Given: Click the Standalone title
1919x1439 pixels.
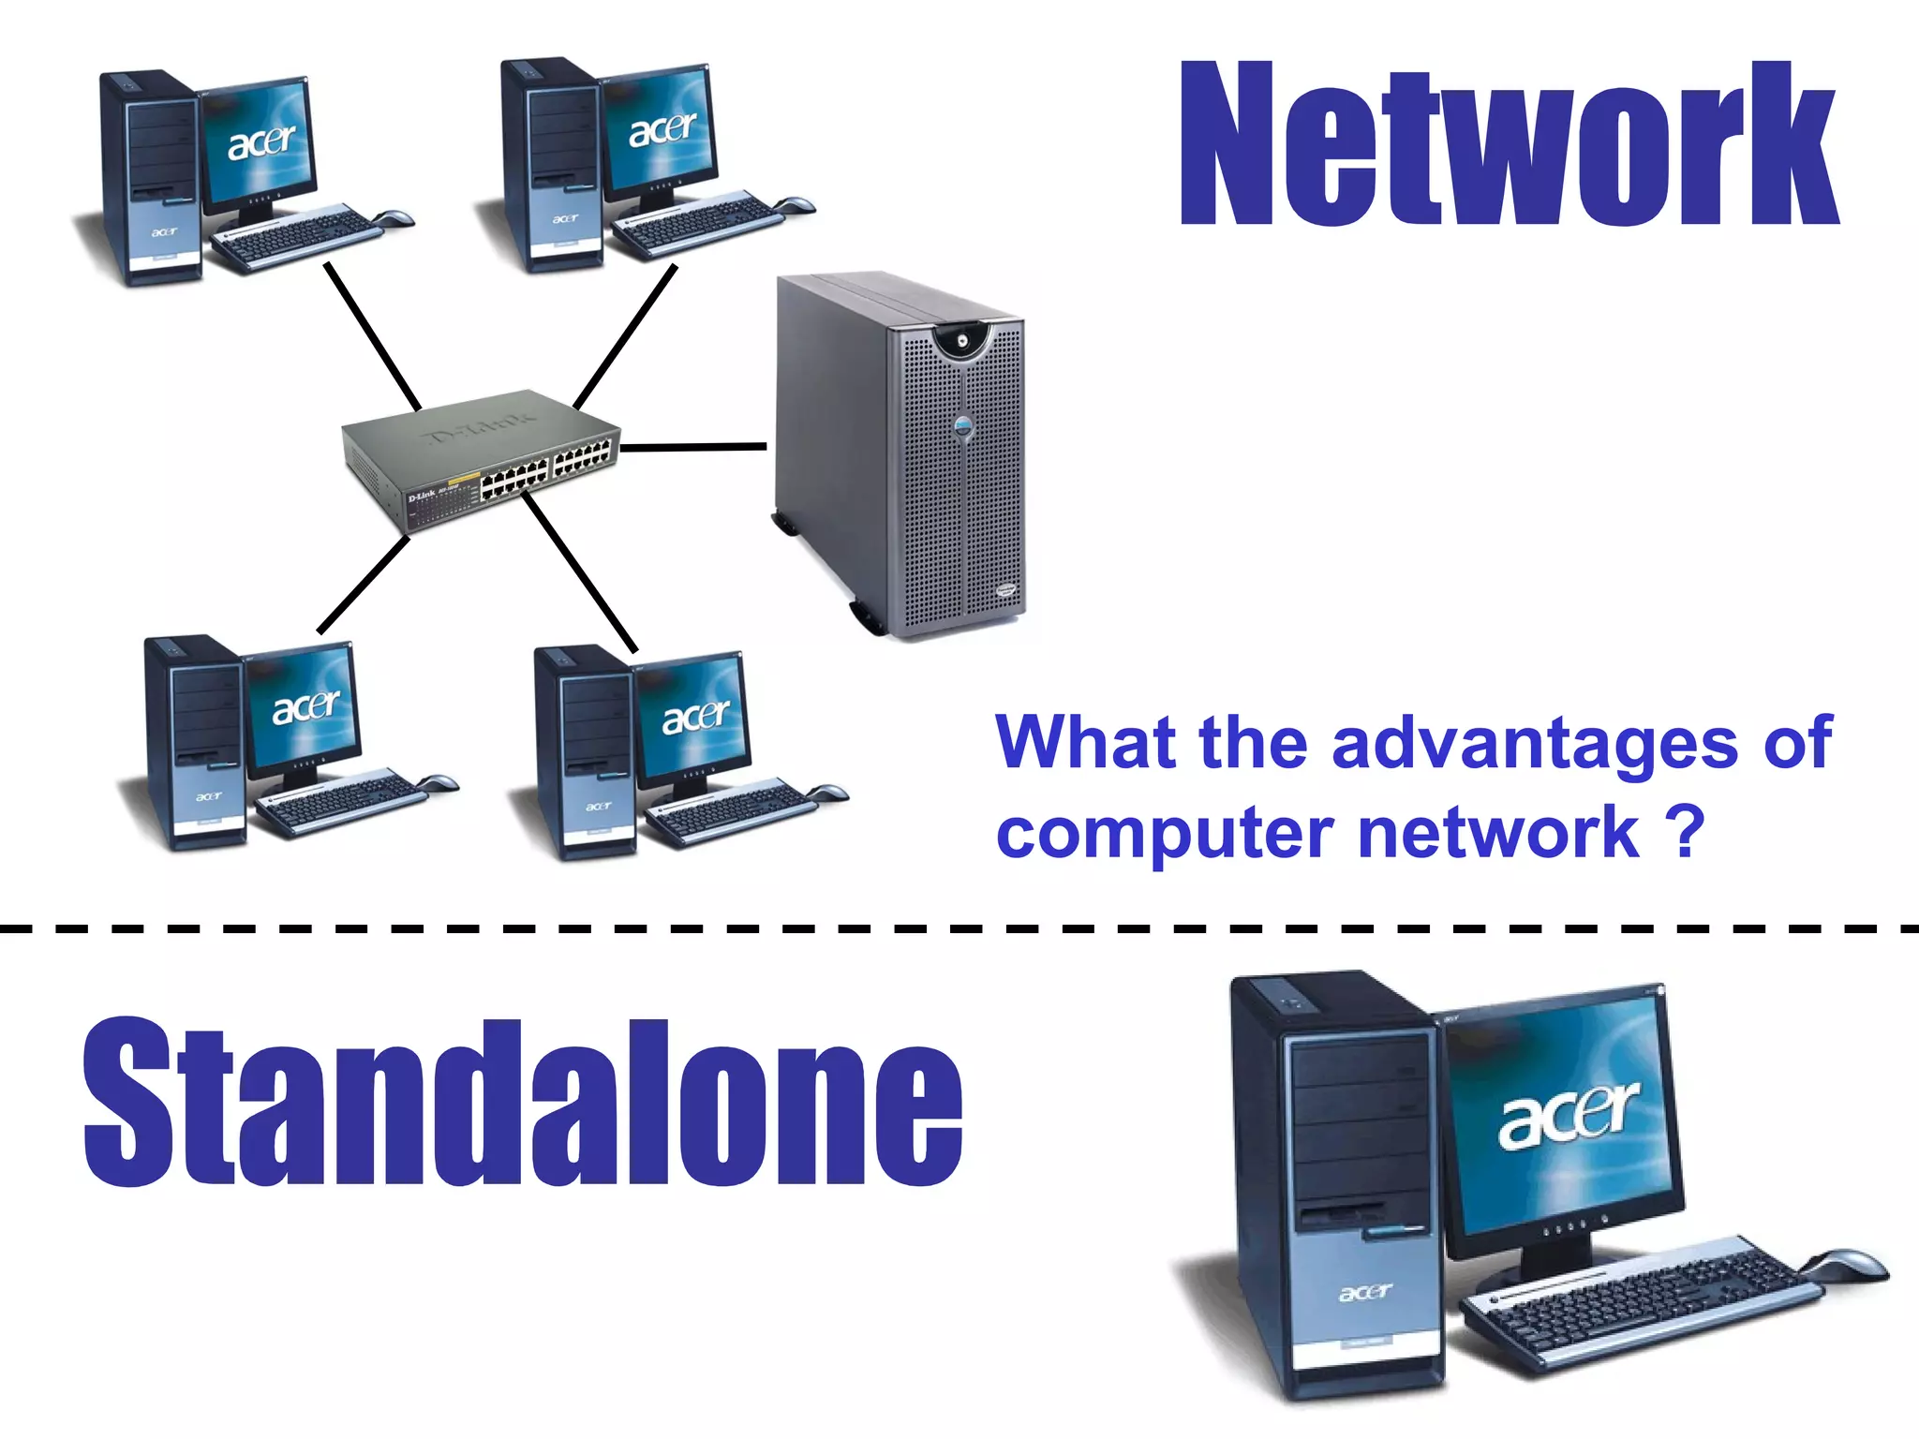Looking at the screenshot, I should click(x=522, y=1104).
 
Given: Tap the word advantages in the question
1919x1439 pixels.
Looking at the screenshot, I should click(x=1534, y=743).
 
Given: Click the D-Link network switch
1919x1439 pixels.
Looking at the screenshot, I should click(x=480, y=459).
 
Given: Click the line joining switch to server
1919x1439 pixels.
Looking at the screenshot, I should click(x=693, y=448).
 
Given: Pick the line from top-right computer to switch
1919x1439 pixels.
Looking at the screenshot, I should click(x=625, y=337).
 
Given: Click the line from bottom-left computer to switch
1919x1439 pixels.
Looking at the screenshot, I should click(x=364, y=585).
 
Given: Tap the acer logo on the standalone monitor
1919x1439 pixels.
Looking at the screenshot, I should click(x=1568, y=1115).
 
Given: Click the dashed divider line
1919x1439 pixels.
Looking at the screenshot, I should click(x=959, y=929).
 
